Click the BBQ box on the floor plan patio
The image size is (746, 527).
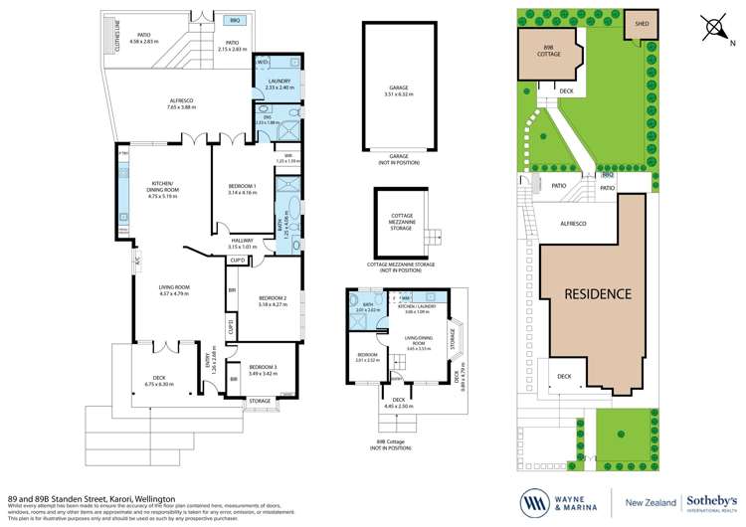(234, 20)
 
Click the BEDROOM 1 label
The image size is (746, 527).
(242, 189)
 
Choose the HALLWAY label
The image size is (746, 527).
(242, 243)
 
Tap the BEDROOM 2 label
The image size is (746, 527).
(273, 301)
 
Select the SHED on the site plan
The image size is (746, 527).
(637, 25)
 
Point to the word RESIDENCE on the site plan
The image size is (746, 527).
(598, 293)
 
